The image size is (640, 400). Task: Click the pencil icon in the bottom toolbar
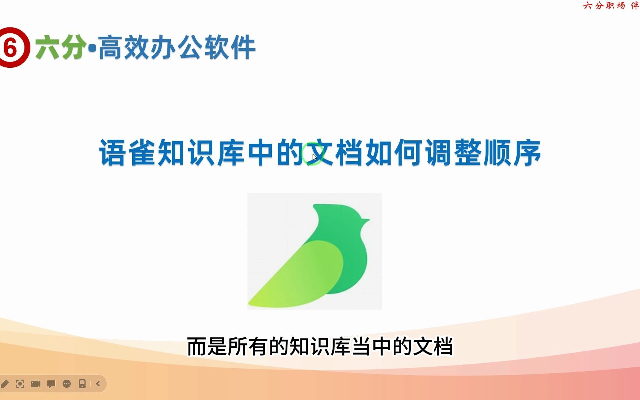pos(5,384)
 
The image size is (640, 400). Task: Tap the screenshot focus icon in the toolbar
pos(20,384)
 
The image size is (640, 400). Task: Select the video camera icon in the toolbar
pos(36,384)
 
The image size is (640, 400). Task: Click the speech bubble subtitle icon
pos(51,384)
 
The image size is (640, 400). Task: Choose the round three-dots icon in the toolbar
pos(67,384)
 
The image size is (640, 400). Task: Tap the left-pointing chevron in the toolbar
pos(98,384)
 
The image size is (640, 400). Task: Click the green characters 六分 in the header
pos(60,47)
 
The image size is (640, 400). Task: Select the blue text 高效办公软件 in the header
pos(177,47)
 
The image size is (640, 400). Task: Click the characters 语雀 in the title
pos(128,153)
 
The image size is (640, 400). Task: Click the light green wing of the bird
pos(304,274)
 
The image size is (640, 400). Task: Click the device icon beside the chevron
pos(82,384)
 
